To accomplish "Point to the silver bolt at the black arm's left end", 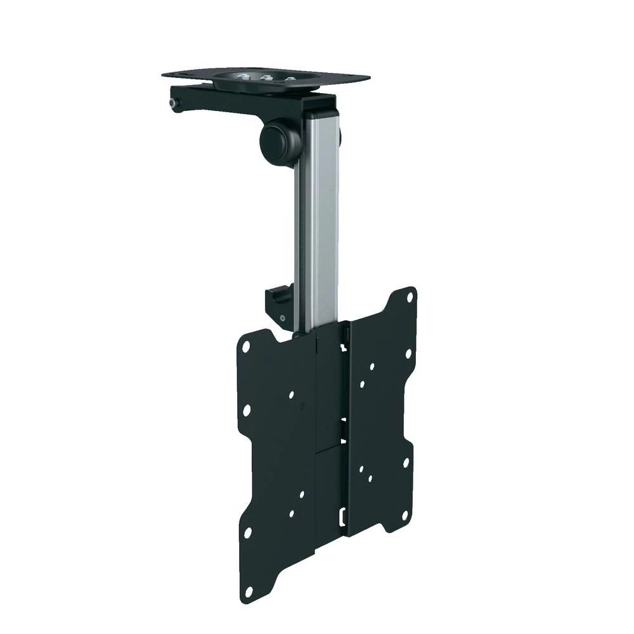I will click(x=173, y=103).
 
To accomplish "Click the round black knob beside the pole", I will click(x=277, y=141).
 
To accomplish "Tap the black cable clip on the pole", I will click(x=280, y=304).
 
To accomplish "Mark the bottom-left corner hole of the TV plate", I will click(x=249, y=592).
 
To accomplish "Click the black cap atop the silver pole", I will click(x=317, y=101).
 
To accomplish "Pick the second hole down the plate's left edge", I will click(x=246, y=411).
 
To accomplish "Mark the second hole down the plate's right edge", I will click(x=408, y=353).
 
